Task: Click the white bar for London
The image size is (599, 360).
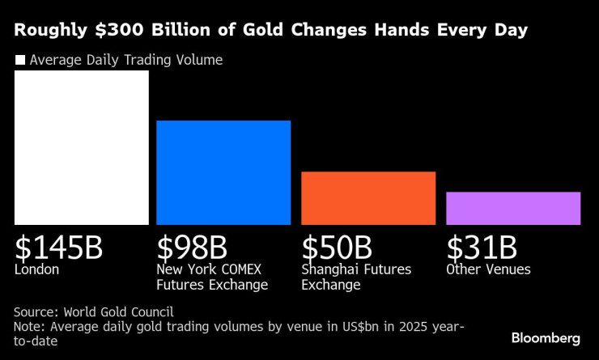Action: point(82,147)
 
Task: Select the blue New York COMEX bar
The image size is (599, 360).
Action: point(223,172)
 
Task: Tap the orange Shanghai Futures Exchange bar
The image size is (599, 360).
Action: point(368,197)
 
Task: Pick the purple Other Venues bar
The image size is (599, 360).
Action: point(513,208)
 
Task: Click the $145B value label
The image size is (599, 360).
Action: point(59,248)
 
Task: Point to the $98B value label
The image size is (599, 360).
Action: point(192,248)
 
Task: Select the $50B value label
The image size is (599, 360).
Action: point(337,248)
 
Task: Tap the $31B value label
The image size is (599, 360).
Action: point(482,248)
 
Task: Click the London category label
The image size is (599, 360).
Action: point(37,269)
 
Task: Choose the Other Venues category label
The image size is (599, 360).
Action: point(488,269)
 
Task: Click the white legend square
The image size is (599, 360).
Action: point(20,60)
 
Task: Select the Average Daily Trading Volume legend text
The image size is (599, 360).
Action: point(125,60)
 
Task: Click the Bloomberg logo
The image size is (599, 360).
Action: point(546,337)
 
